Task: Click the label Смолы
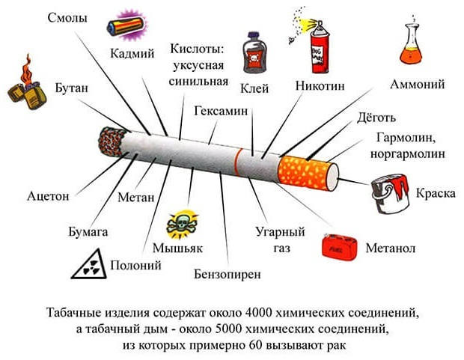point(67,18)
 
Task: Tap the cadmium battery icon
point(126,25)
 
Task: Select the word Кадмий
point(132,54)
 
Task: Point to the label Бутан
point(72,88)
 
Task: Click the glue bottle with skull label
point(254,52)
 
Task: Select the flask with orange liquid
point(411,40)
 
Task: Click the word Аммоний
point(418,85)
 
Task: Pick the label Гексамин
point(221,111)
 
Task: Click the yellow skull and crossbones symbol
point(183,224)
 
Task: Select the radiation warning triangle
point(89,264)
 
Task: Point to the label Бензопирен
point(228,275)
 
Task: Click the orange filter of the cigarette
point(308,173)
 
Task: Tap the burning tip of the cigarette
point(112,141)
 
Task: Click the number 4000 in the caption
point(259,313)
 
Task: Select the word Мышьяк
point(177,248)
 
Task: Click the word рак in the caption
point(337,346)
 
